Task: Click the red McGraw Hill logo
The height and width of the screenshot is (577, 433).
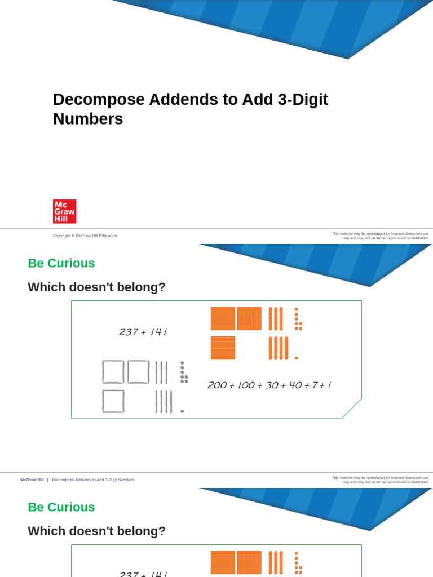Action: pyautogui.click(x=64, y=211)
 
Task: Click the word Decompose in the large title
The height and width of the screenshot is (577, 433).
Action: pyautogui.click(x=94, y=100)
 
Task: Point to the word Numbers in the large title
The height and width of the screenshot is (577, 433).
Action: pyautogui.click(x=88, y=119)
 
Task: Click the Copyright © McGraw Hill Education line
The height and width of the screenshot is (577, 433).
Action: pyautogui.click(x=85, y=236)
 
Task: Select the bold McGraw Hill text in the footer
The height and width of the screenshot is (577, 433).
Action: pyautogui.click(x=32, y=480)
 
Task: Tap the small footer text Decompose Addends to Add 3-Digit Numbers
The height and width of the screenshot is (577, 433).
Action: pyautogui.click(x=93, y=480)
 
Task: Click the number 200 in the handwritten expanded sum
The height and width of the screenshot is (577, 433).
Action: pyautogui.click(x=216, y=385)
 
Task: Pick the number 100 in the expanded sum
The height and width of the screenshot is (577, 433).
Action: pyautogui.click(x=245, y=385)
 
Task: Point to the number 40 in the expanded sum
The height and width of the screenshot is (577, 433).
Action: pyautogui.click(x=294, y=385)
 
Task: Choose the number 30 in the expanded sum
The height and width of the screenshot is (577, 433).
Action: pyautogui.click(x=272, y=385)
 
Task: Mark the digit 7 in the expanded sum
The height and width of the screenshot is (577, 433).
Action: pyautogui.click(x=315, y=385)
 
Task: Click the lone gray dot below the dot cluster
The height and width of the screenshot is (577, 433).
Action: pyautogui.click(x=182, y=411)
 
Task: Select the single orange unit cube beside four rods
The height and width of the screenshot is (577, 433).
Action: pyautogui.click(x=296, y=358)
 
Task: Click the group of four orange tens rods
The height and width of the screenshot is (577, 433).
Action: pyautogui.click(x=278, y=348)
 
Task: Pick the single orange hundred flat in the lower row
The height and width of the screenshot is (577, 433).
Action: pyautogui.click(x=223, y=348)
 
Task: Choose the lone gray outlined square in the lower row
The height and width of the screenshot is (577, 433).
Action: pyautogui.click(x=113, y=401)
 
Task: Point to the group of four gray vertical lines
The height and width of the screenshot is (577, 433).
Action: pyautogui.click(x=164, y=401)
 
